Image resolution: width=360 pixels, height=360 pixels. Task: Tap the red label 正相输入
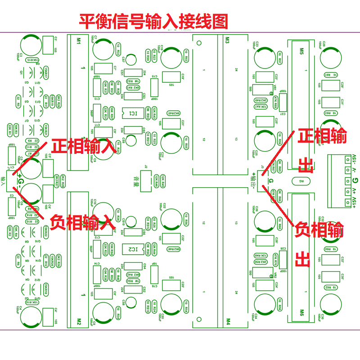84,146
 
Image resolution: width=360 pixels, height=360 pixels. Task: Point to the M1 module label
78,40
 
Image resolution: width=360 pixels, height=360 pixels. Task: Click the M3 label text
228,40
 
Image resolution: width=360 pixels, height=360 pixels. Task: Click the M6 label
301,311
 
